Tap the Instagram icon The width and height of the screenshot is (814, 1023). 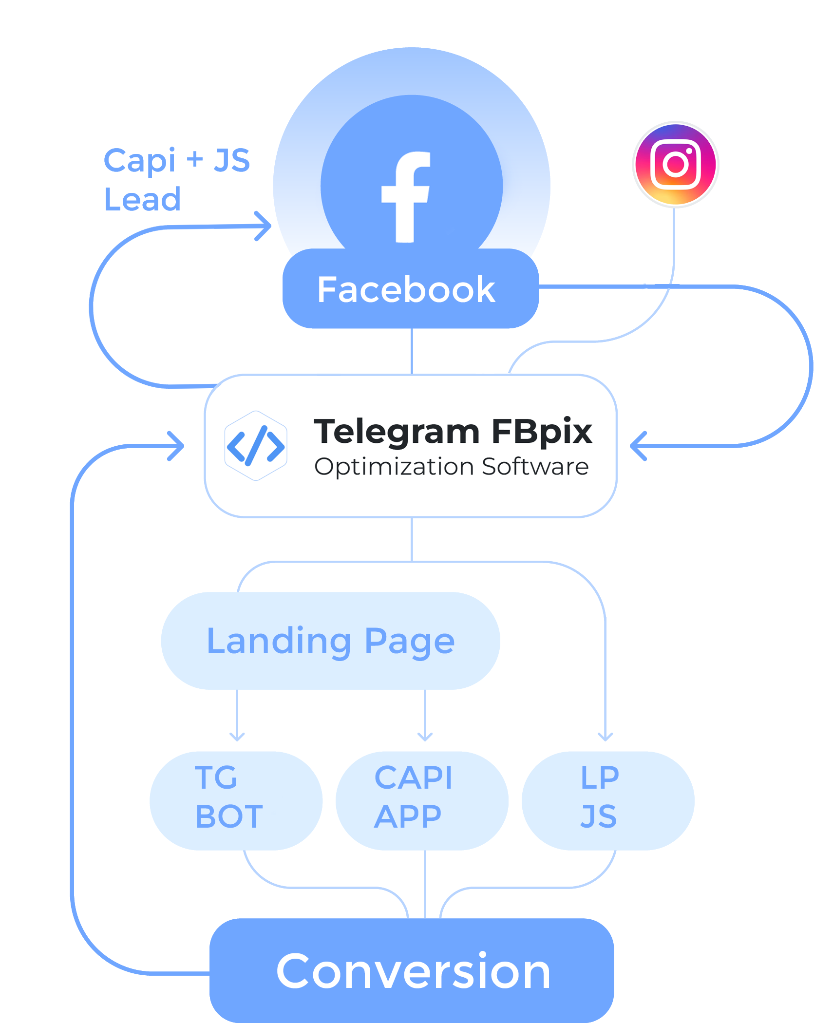(x=676, y=164)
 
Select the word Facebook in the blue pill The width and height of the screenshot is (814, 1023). (x=406, y=290)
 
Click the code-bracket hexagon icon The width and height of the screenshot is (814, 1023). (x=256, y=446)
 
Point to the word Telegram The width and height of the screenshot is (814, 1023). (x=397, y=432)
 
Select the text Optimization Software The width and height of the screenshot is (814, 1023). (x=451, y=467)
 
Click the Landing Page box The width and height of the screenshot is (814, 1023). (x=330, y=641)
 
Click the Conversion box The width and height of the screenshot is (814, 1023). (x=412, y=972)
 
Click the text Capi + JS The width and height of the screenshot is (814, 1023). (x=176, y=161)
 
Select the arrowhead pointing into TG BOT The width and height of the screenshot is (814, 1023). (x=237, y=736)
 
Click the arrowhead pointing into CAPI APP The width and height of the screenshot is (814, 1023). (x=425, y=736)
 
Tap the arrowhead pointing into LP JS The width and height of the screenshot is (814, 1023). (x=606, y=736)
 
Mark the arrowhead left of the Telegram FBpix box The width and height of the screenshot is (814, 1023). (x=177, y=446)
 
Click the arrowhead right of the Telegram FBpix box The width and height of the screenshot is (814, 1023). (x=637, y=446)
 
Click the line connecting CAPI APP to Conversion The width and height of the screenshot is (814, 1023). (x=425, y=884)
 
